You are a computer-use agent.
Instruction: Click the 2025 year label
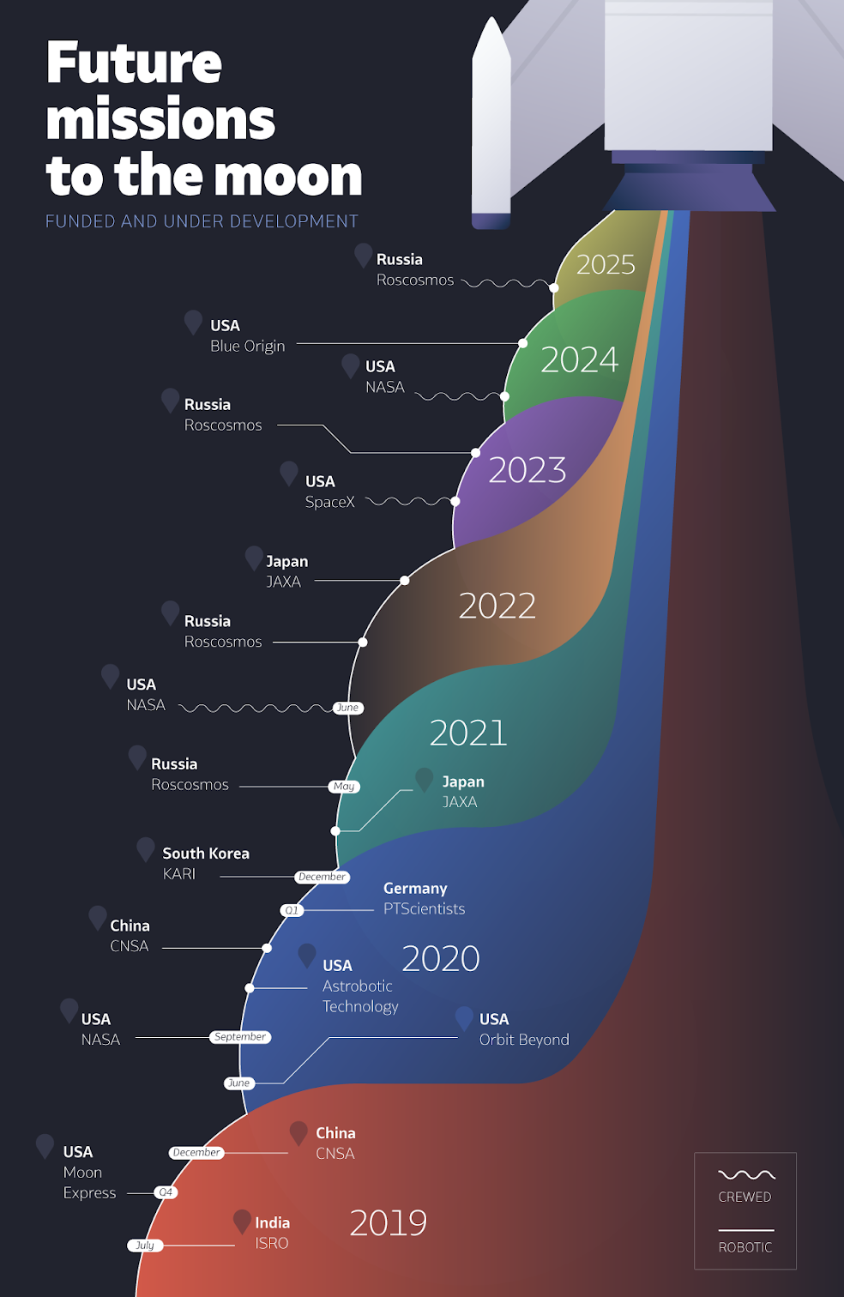(x=606, y=264)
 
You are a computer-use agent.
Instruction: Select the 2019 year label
(x=388, y=1222)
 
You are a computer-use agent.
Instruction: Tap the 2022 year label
(x=497, y=606)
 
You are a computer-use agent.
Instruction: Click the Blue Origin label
(x=247, y=346)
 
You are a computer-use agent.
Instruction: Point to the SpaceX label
(x=329, y=502)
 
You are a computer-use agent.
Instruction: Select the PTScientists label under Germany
(x=424, y=908)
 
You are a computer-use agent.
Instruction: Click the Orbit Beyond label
(x=523, y=1039)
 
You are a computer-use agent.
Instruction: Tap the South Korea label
(x=206, y=854)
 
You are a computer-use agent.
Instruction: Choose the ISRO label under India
(x=271, y=1243)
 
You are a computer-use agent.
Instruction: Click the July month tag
(x=145, y=1245)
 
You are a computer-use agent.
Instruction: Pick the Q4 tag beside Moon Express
(x=166, y=1192)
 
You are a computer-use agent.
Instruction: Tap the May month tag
(x=344, y=787)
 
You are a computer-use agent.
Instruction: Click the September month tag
(x=240, y=1037)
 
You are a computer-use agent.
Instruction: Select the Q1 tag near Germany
(x=292, y=910)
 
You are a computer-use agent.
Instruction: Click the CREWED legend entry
(x=745, y=1197)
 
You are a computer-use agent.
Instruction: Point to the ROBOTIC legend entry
(x=745, y=1247)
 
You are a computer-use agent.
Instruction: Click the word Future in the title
(x=134, y=63)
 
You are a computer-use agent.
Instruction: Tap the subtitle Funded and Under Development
(x=202, y=221)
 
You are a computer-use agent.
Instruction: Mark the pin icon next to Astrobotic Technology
(x=306, y=956)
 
